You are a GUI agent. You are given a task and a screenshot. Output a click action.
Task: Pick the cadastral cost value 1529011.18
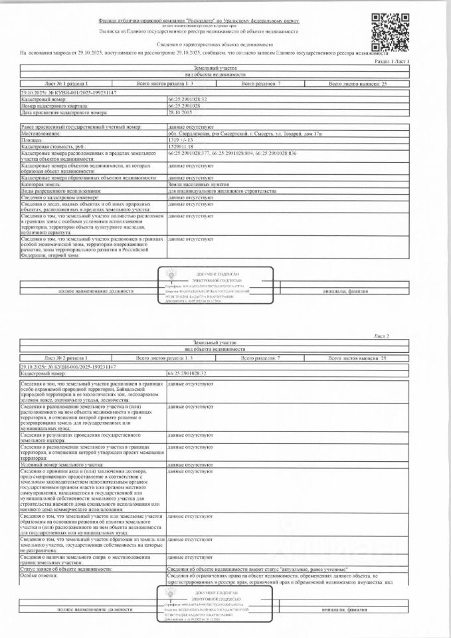[181, 146]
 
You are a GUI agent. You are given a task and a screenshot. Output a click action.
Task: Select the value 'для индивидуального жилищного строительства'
[222, 191]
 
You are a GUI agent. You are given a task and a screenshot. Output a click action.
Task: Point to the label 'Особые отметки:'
[40, 576]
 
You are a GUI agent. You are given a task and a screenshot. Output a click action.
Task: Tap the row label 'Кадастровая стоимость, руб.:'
[53, 146]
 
